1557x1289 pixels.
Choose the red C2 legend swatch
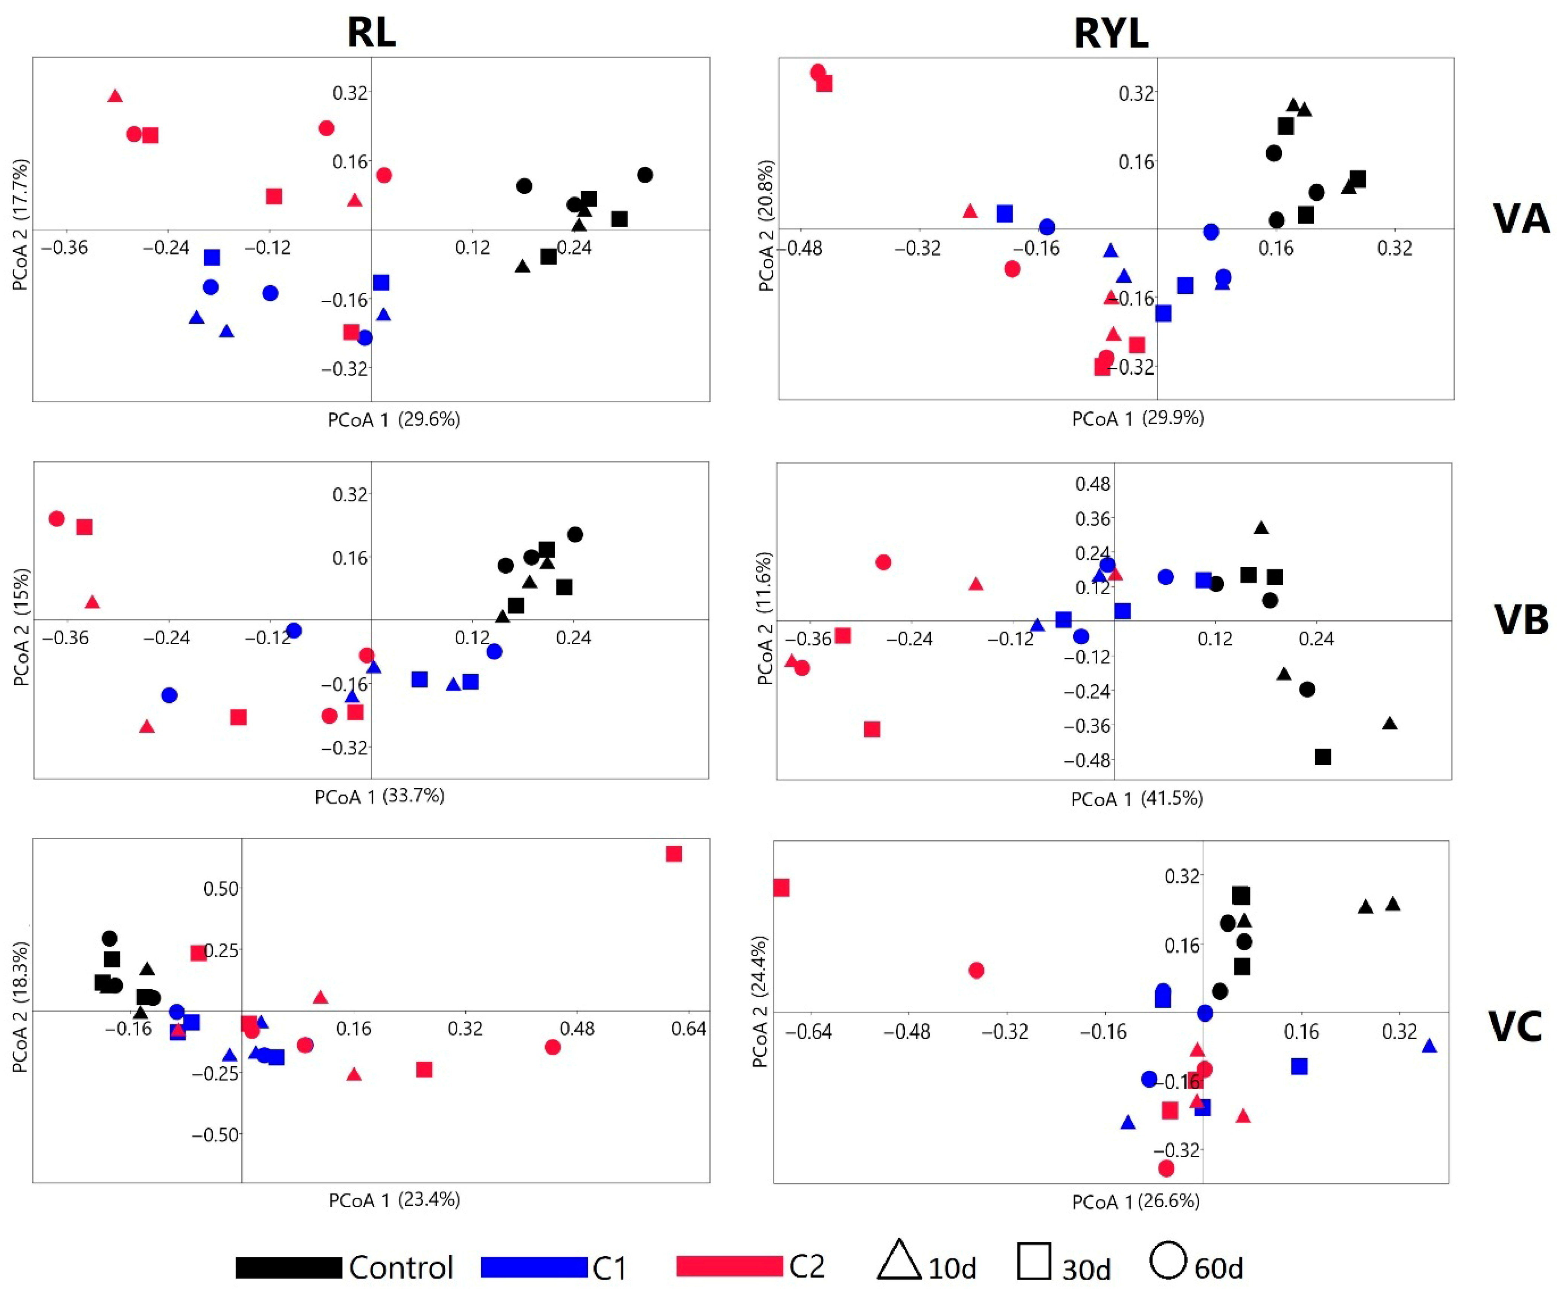[730, 1266]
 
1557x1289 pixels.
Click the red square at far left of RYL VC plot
[781, 887]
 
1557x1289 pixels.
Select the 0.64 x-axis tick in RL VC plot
[689, 1029]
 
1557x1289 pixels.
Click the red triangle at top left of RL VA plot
[115, 96]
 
